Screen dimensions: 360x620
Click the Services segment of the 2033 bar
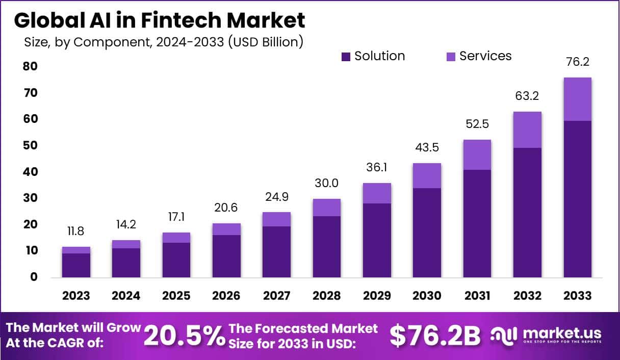[x=578, y=99]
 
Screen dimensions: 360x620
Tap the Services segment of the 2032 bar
[x=527, y=130]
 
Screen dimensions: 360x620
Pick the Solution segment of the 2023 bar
[x=76, y=265]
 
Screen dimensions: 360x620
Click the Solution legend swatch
[x=346, y=57]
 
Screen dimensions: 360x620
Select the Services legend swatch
[x=451, y=57]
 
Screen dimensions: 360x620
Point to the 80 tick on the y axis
[x=30, y=66]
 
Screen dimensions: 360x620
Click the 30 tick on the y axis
[x=30, y=198]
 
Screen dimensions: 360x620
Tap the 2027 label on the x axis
[x=277, y=296]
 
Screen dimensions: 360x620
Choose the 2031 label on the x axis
[x=477, y=296]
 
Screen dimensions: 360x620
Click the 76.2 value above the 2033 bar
[x=578, y=62]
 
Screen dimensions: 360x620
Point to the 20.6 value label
[x=227, y=208]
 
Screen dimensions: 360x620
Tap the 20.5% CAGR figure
[x=184, y=336]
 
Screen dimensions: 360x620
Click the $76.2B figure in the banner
[x=435, y=336]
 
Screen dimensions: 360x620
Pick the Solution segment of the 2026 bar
[x=227, y=256]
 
